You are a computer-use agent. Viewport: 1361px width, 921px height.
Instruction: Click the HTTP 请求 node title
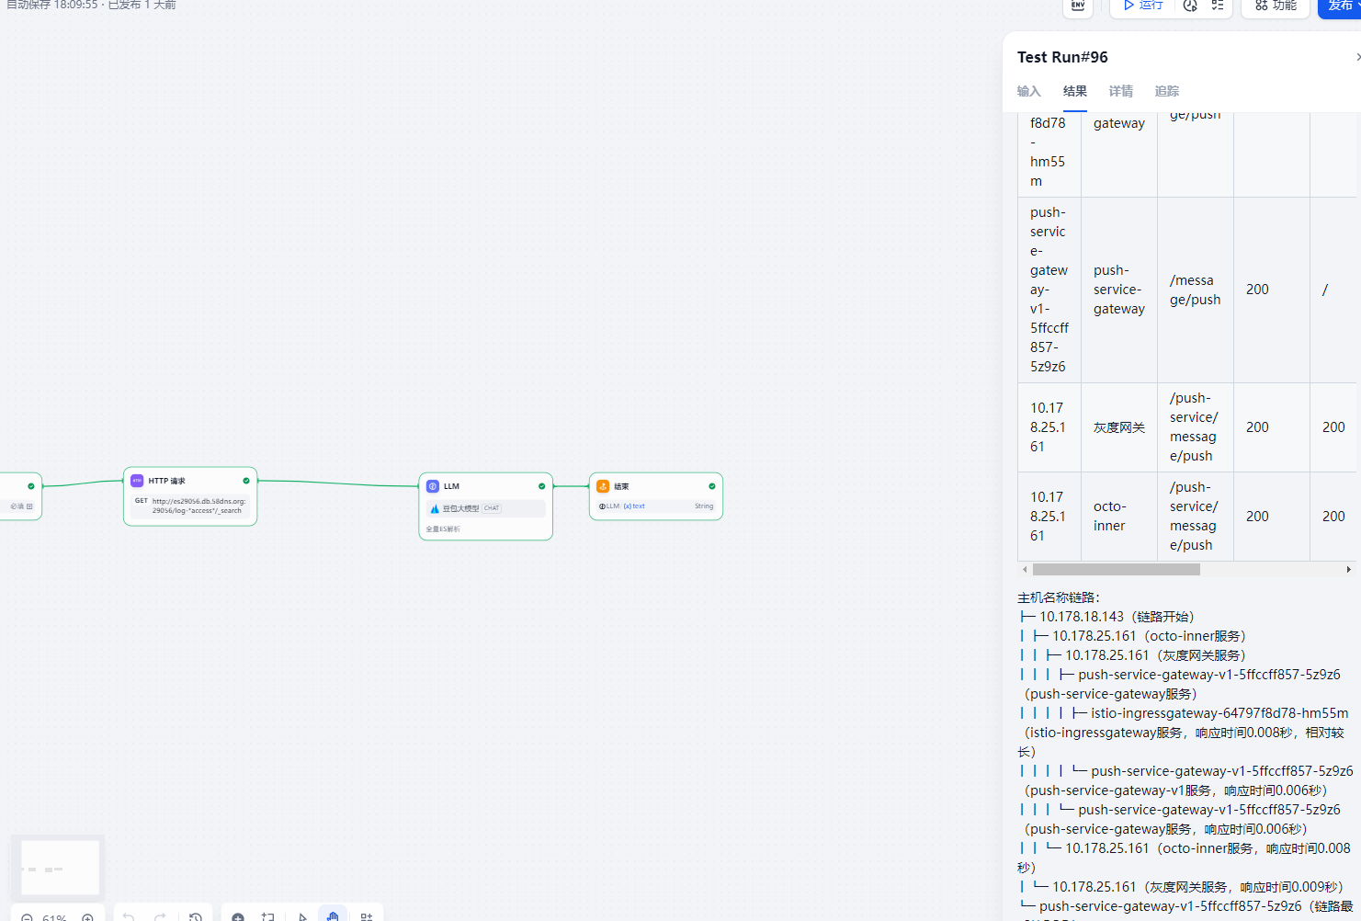(x=166, y=481)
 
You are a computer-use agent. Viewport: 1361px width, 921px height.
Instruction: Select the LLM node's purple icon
(x=433, y=486)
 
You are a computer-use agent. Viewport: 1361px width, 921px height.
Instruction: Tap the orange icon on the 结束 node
(x=603, y=486)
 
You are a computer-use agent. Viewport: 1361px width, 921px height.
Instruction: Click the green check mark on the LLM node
(x=542, y=486)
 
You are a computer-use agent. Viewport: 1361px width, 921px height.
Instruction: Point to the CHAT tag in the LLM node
(x=492, y=508)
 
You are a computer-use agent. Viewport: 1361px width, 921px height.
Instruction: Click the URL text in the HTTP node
(x=198, y=506)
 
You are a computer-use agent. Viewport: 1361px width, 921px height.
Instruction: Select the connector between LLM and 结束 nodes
(x=571, y=486)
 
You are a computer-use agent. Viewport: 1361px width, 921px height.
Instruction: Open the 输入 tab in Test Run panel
(x=1029, y=91)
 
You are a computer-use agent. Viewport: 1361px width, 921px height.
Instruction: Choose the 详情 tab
(x=1121, y=91)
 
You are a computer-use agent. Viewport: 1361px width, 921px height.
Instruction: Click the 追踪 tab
(x=1167, y=91)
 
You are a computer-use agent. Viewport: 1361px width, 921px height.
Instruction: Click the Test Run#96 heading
(x=1062, y=57)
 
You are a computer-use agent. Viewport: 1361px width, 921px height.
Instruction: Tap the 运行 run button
(x=1143, y=6)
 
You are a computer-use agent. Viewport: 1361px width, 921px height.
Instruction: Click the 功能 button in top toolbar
(x=1276, y=6)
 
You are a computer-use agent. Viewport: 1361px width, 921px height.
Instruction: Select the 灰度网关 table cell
(x=1119, y=427)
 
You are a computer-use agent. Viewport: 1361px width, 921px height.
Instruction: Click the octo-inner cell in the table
(x=1109, y=516)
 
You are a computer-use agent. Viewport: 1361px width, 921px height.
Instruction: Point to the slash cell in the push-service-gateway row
(x=1325, y=290)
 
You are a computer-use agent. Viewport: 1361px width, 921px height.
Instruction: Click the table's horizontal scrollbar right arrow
(x=1348, y=570)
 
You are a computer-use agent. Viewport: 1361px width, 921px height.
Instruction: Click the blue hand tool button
(x=333, y=915)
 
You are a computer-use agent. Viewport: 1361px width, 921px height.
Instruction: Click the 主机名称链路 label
(x=1058, y=597)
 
